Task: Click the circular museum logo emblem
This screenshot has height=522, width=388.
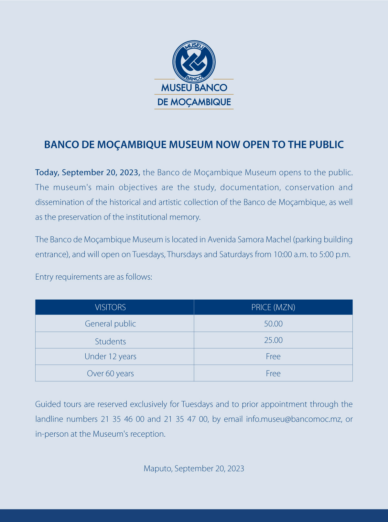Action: [x=194, y=61]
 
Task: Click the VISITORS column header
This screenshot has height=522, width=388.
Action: [x=110, y=307]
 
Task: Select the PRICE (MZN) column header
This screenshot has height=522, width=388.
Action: [x=273, y=307]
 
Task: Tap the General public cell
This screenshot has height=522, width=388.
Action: [x=110, y=324]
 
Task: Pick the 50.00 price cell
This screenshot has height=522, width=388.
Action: [x=273, y=324]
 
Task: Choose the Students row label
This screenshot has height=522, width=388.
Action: [x=110, y=341]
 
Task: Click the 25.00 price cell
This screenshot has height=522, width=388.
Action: [x=273, y=340]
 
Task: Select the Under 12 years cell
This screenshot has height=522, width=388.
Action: [x=110, y=357]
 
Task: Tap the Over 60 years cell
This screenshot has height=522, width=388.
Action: [x=110, y=373]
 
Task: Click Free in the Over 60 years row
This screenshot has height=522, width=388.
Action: [x=273, y=373]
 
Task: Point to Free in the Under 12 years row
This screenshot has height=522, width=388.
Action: [x=273, y=357]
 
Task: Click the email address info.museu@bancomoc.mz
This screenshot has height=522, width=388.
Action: [x=294, y=419]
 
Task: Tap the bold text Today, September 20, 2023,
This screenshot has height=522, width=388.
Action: [x=88, y=173]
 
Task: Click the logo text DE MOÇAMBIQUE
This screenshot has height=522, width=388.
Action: [x=194, y=102]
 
